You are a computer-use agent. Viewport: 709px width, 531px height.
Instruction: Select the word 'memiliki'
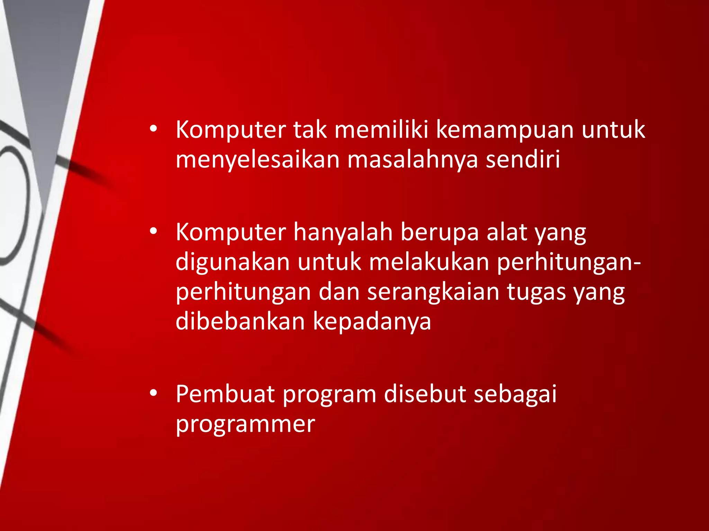[381, 130]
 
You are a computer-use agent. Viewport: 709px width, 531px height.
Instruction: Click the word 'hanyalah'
[343, 233]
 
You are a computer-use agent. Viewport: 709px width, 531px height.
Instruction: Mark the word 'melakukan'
[429, 262]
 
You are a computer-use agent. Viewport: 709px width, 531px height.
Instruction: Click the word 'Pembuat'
[225, 394]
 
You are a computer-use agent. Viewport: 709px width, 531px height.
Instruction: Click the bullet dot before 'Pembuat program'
[154, 393]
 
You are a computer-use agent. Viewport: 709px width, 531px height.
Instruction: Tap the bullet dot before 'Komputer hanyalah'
[154, 231]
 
